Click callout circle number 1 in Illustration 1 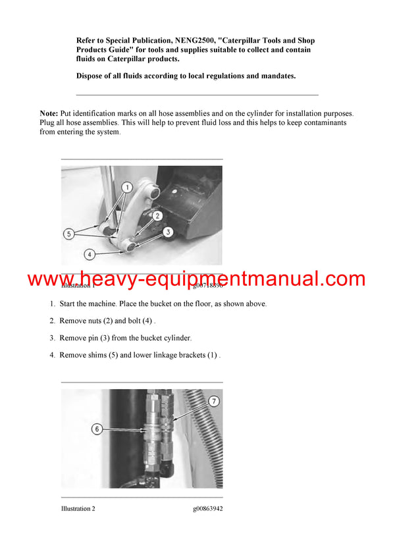128,188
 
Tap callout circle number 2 157,215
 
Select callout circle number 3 168,232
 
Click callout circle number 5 68,232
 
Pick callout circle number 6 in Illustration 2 97,429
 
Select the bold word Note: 49,114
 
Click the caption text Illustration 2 78,508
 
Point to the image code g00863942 207,508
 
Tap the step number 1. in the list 53,304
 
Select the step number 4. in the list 53,355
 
